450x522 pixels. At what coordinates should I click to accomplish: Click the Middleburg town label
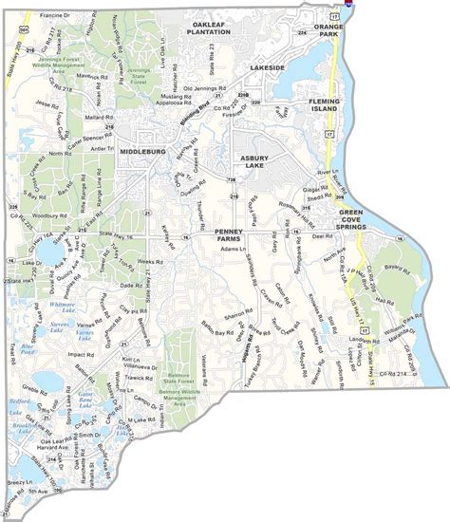[x=142, y=151]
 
